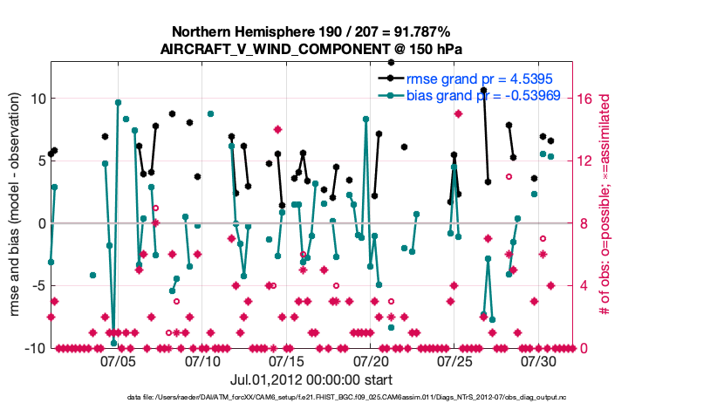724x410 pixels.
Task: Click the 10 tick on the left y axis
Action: coord(37,99)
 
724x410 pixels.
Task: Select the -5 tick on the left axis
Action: coord(35,286)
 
